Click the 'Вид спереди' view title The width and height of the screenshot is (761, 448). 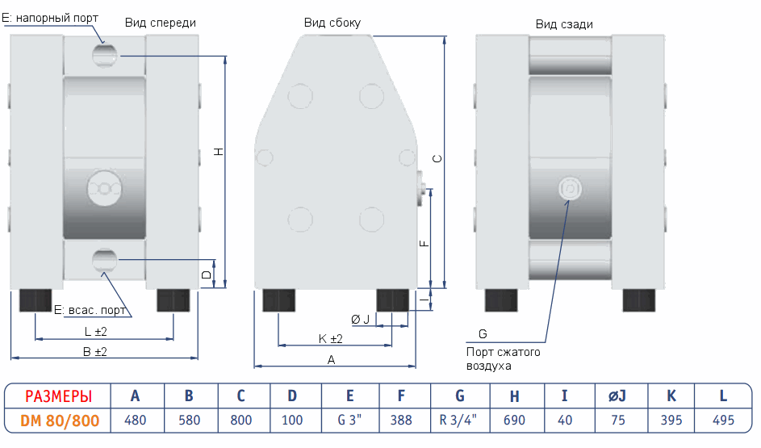tap(160, 23)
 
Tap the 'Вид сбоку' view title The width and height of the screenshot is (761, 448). tap(332, 23)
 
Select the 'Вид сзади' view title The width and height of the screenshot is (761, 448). tap(564, 24)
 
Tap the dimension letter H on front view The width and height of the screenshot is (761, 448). tap(218, 152)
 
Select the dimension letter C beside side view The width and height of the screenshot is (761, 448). tap(437, 159)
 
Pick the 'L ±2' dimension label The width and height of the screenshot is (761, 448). tap(96, 332)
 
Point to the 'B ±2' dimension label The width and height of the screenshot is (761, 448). tap(95, 352)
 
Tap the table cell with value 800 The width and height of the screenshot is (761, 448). tap(240, 420)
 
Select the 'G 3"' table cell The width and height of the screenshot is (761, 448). tap(349, 420)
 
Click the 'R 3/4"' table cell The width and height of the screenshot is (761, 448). tap(459, 420)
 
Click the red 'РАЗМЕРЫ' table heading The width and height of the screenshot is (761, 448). tap(57, 396)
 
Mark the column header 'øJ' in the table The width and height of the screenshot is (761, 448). tap(617, 396)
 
